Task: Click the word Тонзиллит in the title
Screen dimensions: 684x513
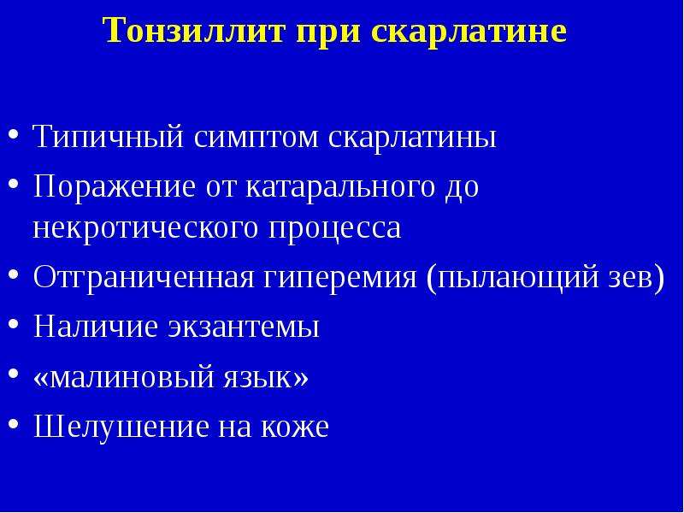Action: (195, 31)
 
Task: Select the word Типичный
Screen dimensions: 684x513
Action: (109, 137)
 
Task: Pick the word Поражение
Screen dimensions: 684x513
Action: (115, 186)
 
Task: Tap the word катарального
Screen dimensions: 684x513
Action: (340, 187)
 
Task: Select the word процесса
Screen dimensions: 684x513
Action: (334, 227)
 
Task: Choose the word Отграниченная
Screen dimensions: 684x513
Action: (144, 276)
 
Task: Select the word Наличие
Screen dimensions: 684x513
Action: (96, 326)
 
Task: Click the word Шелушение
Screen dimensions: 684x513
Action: (121, 425)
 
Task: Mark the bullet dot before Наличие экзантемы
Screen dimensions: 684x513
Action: (14, 324)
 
